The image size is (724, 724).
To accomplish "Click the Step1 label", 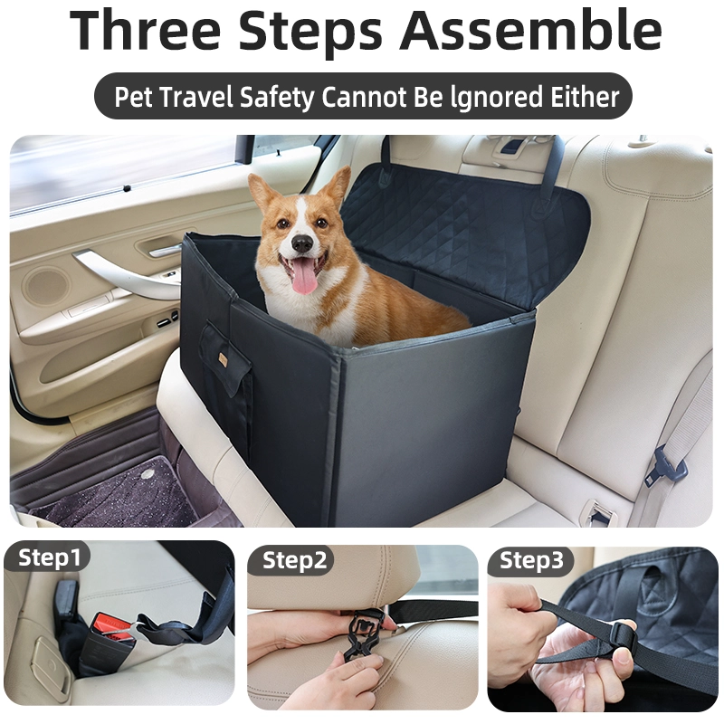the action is pos(49,557).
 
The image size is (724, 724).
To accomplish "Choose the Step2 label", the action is pos(295,560).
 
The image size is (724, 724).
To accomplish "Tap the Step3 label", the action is pos(531,560).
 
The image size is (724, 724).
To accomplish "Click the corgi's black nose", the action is pos(303,243).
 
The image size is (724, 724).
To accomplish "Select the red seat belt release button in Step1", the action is pos(107,624).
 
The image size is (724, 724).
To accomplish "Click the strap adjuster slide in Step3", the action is pos(624,639).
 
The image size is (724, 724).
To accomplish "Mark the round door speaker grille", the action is pos(47,285).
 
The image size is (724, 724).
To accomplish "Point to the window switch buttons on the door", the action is pos(167,319).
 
